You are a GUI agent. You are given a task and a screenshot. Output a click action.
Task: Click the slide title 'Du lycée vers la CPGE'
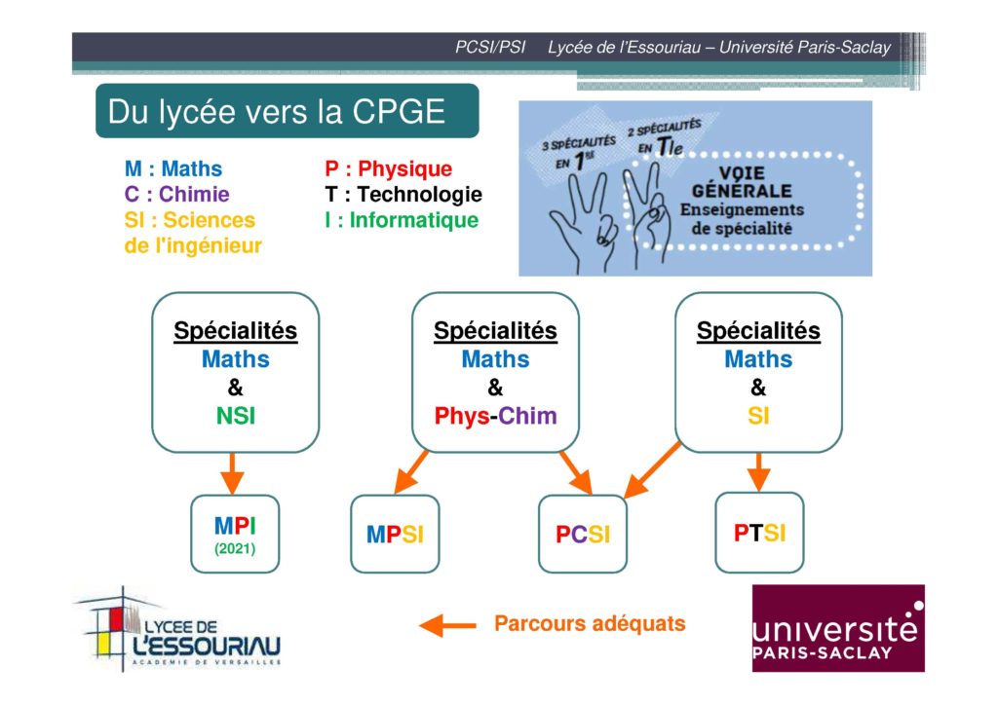[x=276, y=112]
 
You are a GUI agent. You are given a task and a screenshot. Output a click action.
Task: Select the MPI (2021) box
[x=235, y=534]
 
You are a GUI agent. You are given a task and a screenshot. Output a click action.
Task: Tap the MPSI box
[x=395, y=534]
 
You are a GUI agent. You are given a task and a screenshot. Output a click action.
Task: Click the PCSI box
[x=583, y=534]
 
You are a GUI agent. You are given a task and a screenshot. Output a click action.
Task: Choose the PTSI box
[x=759, y=533]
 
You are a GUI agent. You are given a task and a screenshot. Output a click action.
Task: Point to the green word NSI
[x=236, y=416]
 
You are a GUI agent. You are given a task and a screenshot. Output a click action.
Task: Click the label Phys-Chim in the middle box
[x=495, y=416]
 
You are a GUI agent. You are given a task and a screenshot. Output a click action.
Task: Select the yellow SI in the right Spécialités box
[x=758, y=416]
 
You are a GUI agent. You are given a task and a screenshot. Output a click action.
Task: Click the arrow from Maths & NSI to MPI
[x=232, y=473]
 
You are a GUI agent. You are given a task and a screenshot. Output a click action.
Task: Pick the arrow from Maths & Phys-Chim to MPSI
[x=411, y=471]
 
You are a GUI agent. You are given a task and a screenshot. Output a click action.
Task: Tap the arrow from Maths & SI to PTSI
[x=758, y=471]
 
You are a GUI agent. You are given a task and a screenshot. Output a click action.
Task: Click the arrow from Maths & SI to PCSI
[x=652, y=469]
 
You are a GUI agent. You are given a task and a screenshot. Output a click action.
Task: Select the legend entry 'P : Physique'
[x=388, y=168]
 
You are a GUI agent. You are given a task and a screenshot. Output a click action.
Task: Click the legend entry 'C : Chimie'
[x=177, y=194]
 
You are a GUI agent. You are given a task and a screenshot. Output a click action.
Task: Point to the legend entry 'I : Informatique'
[x=402, y=220]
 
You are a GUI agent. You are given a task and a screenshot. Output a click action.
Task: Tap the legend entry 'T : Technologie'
[x=403, y=194]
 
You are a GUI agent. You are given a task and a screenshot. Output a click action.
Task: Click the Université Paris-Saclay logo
[x=838, y=628]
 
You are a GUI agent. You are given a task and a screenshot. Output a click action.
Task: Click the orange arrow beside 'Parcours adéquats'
[x=447, y=625]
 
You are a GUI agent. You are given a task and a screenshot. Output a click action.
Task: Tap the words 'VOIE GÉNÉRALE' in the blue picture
[x=742, y=182]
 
